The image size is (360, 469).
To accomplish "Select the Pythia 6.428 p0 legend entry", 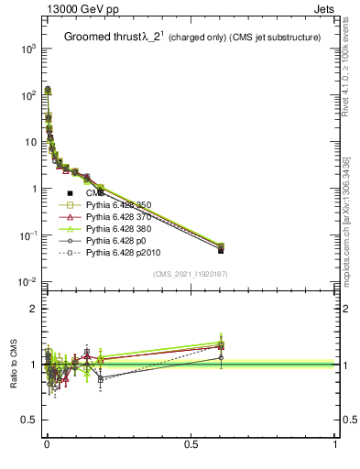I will click(x=116, y=248).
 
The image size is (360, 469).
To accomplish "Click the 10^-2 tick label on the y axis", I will click(x=27, y=282).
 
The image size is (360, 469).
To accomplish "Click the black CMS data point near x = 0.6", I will click(x=221, y=249).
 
